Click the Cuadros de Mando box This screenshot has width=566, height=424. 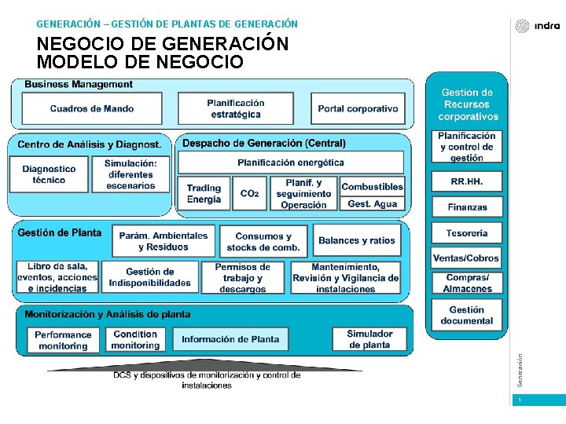[x=92, y=108]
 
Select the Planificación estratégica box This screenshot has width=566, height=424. [x=235, y=108]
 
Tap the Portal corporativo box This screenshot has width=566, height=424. [x=358, y=108]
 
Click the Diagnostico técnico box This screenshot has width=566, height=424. [x=49, y=174]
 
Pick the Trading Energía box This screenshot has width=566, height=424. [x=204, y=193]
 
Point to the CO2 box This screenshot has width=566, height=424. [x=249, y=193]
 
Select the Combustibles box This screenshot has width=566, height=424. [x=373, y=186]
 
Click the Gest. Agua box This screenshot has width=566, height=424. [x=373, y=203]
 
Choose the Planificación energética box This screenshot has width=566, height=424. [x=291, y=163]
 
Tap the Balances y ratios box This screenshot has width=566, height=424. [x=357, y=240]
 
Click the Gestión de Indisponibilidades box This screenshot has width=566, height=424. [x=149, y=277]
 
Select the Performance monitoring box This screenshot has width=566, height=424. [x=63, y=340]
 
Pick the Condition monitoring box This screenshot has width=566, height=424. [x=135, y=339]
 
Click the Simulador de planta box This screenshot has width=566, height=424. [x=369, y=339]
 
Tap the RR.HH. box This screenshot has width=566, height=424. [x=467, y=181]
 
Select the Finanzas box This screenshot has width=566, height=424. [x=467, y=207]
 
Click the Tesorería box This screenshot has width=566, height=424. [x=467, y=233]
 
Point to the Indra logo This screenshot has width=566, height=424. [x=538, y=26]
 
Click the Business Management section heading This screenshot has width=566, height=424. [x=79, y=84]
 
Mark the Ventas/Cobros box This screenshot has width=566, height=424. [x=466, y=258]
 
